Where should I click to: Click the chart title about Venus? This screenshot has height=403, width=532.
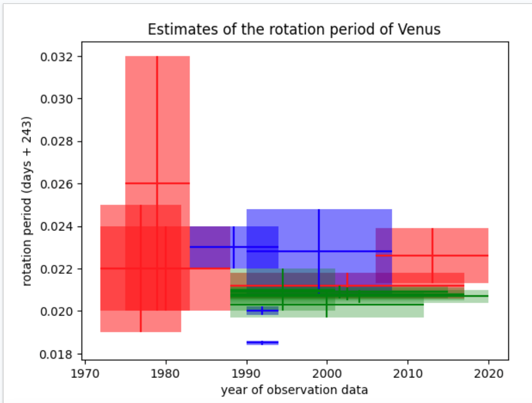tap(294, 29)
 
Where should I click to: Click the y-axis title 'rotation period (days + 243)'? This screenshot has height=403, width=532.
tap(27, 201)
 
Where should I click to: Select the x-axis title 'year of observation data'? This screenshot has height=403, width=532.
tap(295, 390)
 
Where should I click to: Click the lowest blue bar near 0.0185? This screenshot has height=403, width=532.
tap(262, 343)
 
